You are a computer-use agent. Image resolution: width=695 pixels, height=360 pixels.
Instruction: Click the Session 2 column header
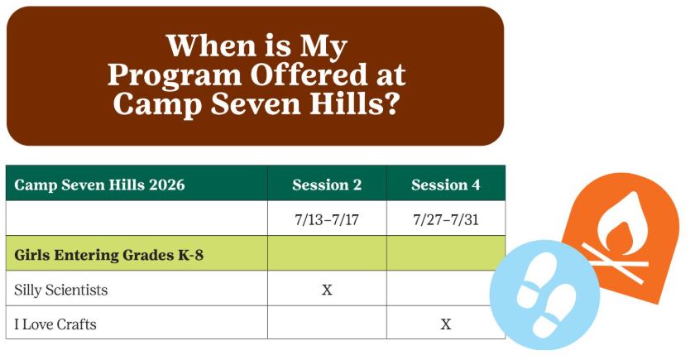[x=327, y=185]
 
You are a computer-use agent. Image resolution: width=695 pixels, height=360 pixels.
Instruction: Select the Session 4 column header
[x=445, y=185]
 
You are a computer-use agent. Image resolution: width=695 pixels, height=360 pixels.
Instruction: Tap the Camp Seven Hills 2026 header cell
[x=99, y=185]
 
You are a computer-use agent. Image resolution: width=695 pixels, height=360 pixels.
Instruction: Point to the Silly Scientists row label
[x=61, y=290]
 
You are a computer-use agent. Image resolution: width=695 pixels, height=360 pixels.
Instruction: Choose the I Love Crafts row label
[x=55, y=324]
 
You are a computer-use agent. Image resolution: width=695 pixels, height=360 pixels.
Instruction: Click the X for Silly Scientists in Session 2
[x=327, y=290]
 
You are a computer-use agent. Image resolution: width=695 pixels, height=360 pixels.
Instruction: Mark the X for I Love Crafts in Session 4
[x=446, y=324]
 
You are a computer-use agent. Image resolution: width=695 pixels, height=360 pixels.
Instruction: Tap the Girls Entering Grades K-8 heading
[x=108, y=255]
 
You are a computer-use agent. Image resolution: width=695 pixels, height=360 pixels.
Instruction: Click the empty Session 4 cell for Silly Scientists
[x=445, y=290]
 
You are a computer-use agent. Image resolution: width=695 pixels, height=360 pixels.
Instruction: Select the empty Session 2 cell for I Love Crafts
[x=327, y=324]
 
